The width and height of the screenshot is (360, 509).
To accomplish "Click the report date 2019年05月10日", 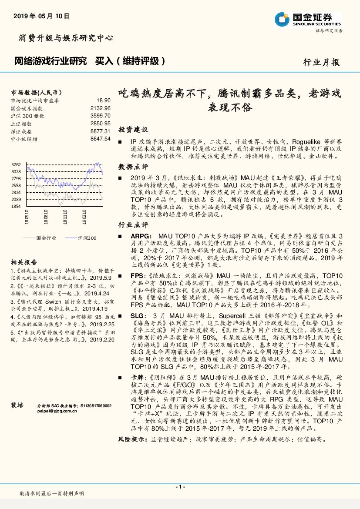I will point(42,16).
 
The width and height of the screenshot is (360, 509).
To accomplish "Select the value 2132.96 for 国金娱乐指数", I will point(101,108).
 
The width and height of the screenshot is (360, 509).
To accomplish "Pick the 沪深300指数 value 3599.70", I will point(101,115).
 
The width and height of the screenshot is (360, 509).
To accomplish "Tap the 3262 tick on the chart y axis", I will point(16,164).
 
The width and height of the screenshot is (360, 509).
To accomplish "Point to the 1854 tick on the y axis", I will point(16,206).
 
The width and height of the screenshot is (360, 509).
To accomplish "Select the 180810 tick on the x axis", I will point(46,217).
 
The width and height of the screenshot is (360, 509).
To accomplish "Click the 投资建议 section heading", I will point(133,130).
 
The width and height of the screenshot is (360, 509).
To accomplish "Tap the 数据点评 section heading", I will point(133,167).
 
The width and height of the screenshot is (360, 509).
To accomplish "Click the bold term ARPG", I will point(139,235).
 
